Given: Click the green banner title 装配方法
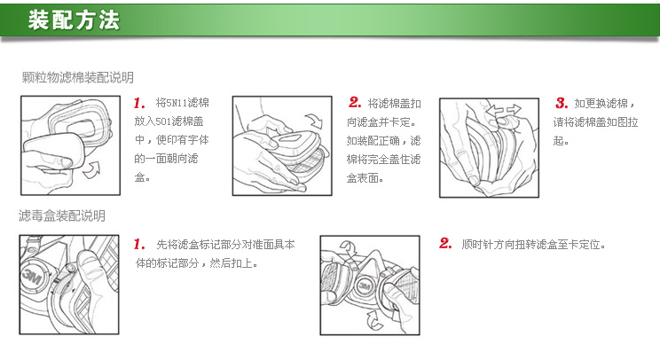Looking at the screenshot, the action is coord(75,20).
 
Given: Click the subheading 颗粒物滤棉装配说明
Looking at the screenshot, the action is coord(78,77).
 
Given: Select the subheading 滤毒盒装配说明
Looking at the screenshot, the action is coord(62,215).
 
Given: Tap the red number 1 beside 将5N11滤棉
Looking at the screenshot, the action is coord(139,103).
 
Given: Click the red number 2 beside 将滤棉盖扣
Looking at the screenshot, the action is coord(355,102).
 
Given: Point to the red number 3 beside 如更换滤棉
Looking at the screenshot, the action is coord(562,103).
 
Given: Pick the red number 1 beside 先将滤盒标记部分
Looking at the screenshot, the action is coord(139,244).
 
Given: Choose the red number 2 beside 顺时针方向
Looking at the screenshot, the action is coord(445,243).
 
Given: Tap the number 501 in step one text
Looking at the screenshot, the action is coord(163,121).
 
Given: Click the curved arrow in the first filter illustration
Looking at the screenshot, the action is coord(91,169).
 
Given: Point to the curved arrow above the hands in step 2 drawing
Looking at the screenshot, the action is coord(314,121).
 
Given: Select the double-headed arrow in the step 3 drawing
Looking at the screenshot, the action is coord(503,111).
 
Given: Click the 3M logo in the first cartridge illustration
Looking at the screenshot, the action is coord(31,278).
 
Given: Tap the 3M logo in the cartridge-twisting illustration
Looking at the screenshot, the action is coord(364,286).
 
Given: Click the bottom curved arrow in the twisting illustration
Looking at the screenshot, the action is coord(374,320).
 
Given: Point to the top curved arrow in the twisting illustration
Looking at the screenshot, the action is coord(349,248).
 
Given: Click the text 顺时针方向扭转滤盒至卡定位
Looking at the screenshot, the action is coord(533,245).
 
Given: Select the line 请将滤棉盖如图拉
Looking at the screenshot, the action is coord(595,122).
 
